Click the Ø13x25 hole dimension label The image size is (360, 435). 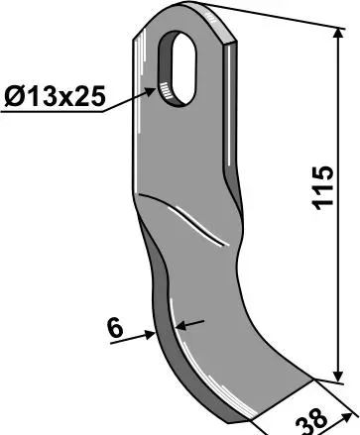coord(55,96)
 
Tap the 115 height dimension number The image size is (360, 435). coord(322,187)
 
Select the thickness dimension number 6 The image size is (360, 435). coord(116,329)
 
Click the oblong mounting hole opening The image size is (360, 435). coord(184,67)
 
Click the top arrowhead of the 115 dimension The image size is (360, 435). coord(338,34)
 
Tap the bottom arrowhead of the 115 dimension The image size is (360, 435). coord(338,376)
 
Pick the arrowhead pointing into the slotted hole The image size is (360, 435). coord(150,91)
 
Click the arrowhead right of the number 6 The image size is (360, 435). coord(150,335)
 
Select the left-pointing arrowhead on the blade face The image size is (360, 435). coord(181,326)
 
